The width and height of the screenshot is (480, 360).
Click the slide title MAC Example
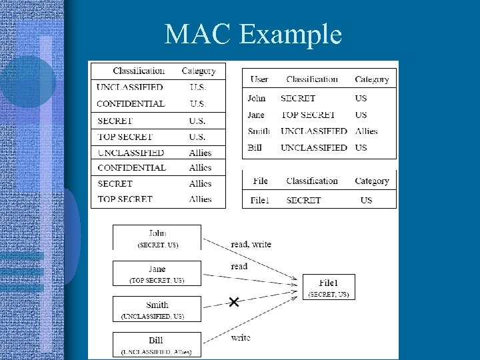[x=253, y=34]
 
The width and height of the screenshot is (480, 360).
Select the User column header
[x=259, y=79]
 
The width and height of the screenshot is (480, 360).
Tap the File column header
[x=261, y=181]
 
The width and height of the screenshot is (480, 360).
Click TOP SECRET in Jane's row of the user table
[x=308, y=115]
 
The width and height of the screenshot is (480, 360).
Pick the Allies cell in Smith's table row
[x=366, y=131]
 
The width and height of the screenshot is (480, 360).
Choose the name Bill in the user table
[x=255, y=147]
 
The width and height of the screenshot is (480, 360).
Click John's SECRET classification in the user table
[x=298, y=98]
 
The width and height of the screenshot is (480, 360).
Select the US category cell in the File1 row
[x=366, y=200]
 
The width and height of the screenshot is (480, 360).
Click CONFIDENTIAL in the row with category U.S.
[x=131, y=104]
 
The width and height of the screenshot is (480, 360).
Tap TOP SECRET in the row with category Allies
[x=125, y=199]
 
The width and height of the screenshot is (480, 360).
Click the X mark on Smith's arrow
[x=233, y=303]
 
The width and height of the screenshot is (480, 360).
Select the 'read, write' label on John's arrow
[x=251, y=245]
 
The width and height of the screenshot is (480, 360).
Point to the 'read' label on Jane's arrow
[x=239, y=267]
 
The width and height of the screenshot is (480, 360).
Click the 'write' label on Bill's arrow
[x=241, y=338]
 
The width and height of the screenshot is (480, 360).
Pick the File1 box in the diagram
[x=329, y=287]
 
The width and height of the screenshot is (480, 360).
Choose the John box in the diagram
[x=157, y=238]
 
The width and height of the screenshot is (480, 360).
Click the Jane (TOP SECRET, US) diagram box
[x=157, y=273]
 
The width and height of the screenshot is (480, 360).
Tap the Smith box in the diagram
[x=157, y=309]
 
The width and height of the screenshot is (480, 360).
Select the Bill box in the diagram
[x=157, y=344]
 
